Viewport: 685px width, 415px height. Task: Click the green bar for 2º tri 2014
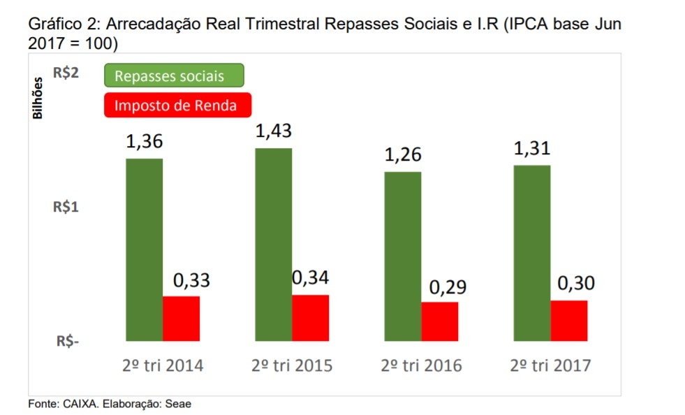(x=144, y=249)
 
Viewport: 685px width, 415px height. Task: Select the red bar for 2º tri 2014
(x=181, y=319)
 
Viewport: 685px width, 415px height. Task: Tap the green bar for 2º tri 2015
(x=273, y=245)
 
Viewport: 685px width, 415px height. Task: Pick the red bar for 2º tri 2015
(x=310, y=318)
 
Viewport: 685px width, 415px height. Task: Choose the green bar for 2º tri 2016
(x=403, y=256)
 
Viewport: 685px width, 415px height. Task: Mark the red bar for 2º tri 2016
(x=440, y=321)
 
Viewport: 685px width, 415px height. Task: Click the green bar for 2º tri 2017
(x=532, y=253)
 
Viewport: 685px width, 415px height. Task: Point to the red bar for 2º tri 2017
(x=569, y=321)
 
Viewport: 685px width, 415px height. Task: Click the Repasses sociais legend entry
(x=174, y=75)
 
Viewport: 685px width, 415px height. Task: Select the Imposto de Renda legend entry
(x=177, y=105)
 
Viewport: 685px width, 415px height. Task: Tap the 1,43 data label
(x=273, y=131)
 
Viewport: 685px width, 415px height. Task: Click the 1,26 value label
(x=403, y=155)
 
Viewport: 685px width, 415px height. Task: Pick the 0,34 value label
(x=310, y=277)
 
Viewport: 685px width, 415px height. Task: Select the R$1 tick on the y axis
(x=66, y=207)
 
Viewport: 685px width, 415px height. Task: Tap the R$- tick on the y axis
(x=68, y=342)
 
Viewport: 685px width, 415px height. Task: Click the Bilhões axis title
(x=38, y=98)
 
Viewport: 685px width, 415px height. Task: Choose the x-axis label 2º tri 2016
(x=422, y=365)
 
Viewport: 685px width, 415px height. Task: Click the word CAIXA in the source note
(x=75, y=405)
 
